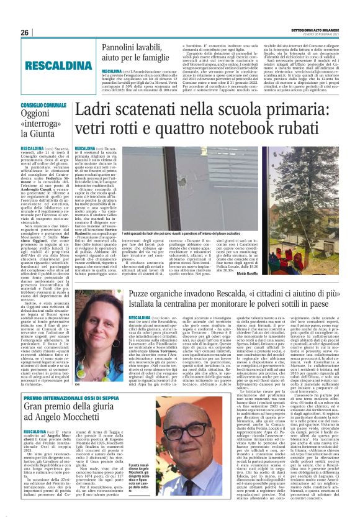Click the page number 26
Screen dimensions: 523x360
[25, 32]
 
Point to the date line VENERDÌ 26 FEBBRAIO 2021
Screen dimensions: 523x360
[325, 35]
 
